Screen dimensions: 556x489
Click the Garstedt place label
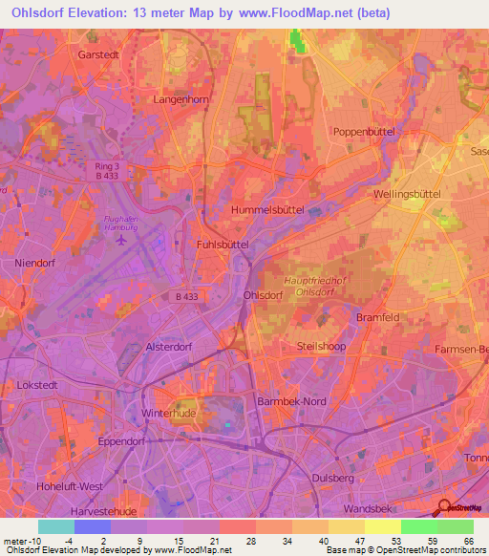pos(98,55)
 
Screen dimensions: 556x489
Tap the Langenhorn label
pos(180,98)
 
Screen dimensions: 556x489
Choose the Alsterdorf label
pos(169,348)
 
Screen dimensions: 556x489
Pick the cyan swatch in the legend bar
pos(56,526)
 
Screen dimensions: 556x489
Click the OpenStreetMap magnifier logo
pos(443,508)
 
